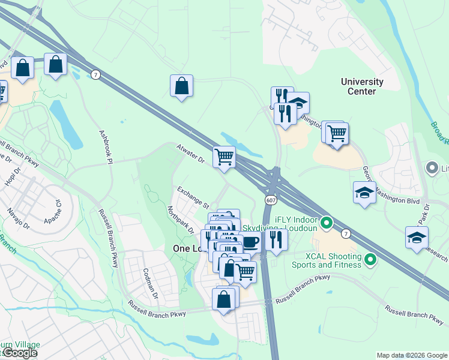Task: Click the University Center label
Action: [x=362, y=86]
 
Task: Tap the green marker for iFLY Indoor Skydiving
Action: [x=327, y=224]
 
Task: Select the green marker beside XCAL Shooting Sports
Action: [x=370, y=260]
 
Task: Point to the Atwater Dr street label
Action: [x=190, y=154]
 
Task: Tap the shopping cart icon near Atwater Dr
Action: [x=224, y=157]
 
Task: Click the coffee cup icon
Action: [x=250, y=242]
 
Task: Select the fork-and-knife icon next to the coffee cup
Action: [x=276, y=240]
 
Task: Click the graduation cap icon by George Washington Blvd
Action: [x=364, y=193]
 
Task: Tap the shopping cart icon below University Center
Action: [x=337, y=134]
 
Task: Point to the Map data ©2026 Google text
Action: [x=411, y=355]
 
